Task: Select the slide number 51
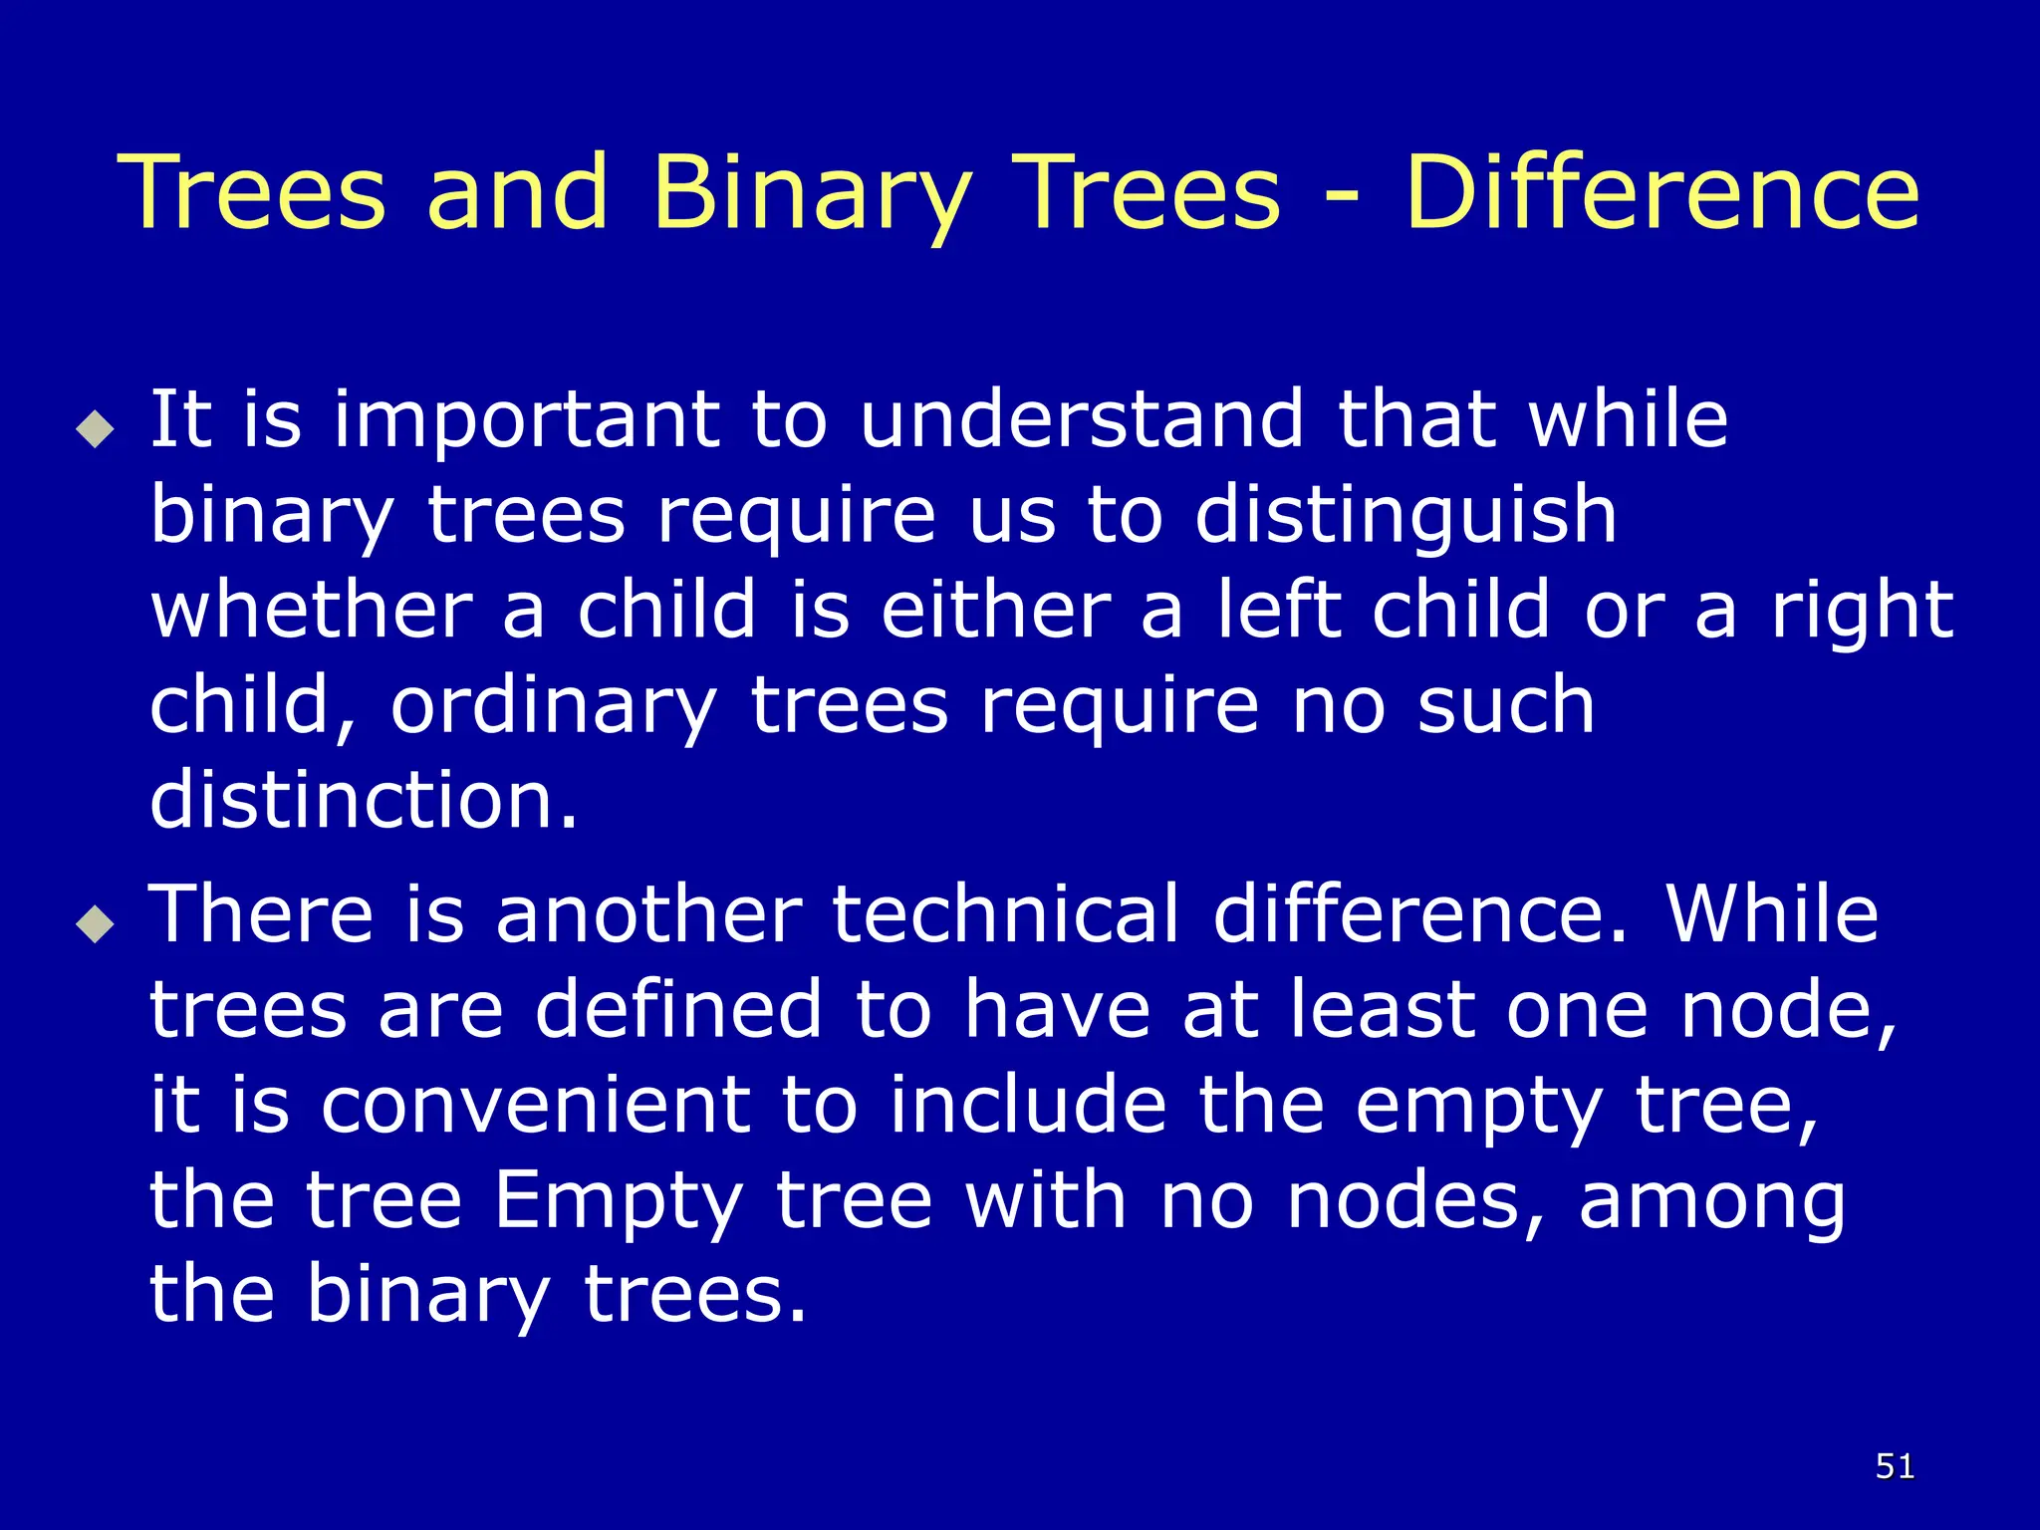click(x=1895, y=1466)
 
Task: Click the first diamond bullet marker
click(x=96, y=429)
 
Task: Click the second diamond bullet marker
click(x=96, y=924)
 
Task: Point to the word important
click(x=526, y=421)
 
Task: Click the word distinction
click(x=363, y=800)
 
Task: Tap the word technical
click(x=1006, y=913)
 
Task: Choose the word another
click(x=648, y=913)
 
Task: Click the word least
click(x=1383, y=1009)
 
